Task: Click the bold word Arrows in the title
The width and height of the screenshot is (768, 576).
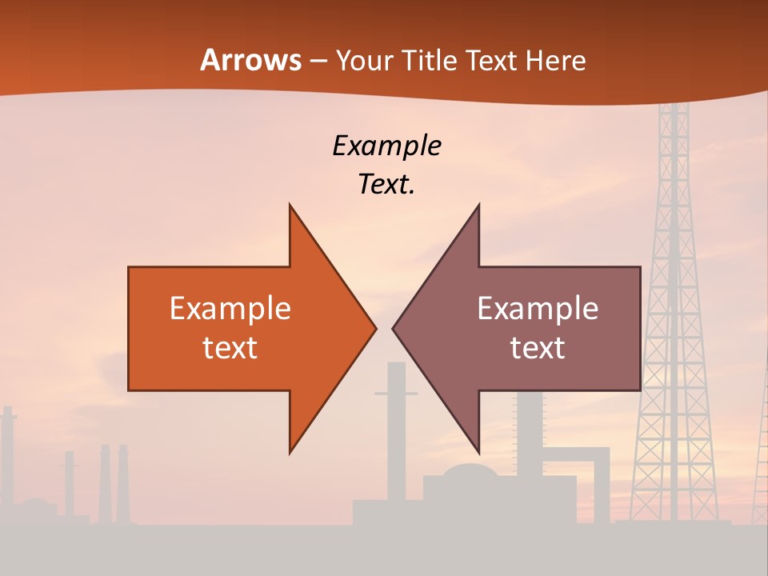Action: (250, 60)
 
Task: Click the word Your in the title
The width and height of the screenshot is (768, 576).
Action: (364, 60)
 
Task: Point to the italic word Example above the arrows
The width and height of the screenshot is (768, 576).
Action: (386, 146)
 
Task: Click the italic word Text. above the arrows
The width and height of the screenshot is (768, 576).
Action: (386, 184)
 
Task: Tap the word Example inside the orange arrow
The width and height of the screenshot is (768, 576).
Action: (230, 309)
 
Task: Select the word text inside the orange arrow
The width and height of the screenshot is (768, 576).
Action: (230, 348)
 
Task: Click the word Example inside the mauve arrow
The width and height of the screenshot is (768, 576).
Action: (538, 309)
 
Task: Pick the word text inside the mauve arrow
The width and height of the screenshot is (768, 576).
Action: (538, 348)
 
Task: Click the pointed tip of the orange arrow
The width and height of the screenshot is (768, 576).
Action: (374, 327)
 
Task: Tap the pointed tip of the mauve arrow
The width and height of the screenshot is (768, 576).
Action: (394, 327)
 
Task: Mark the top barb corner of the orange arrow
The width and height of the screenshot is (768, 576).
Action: (290, 206)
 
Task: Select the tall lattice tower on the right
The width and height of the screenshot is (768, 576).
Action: (674, 320)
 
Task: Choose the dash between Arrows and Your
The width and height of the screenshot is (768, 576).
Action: (318, 61)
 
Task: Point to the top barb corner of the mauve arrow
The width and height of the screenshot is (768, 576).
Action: (478, 206)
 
